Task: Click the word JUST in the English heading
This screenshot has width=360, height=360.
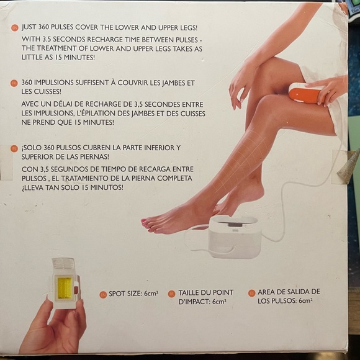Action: coord(32,27)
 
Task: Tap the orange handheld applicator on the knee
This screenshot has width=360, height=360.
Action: coord(305,92)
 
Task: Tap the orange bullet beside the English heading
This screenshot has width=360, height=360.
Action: coord(14,28)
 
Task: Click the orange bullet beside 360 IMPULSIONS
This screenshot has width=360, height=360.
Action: coord(14,83)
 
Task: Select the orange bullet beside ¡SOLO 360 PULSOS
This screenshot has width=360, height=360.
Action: coord(14,148)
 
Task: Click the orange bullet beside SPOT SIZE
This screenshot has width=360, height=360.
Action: coord(103,294)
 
